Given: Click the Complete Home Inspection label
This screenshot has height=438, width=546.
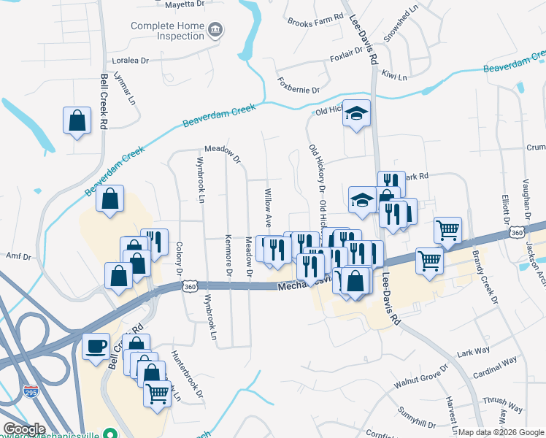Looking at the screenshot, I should point(167,31).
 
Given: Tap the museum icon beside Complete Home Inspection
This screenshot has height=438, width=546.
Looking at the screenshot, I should point(216,30).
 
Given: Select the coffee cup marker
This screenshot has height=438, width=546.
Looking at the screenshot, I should point(95,347).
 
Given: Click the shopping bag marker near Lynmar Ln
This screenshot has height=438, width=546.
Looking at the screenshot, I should point(77,120).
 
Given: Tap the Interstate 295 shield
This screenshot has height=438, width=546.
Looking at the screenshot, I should point(31,392).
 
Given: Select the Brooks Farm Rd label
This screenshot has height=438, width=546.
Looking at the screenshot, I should point(315,22).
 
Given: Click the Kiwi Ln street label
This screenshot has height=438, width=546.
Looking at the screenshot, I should point(395,75).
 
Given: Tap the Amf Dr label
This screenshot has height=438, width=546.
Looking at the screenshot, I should point(18,256).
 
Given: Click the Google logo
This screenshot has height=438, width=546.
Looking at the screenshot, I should point(24,429).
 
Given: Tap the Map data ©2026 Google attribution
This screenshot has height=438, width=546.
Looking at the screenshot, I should point(501,432).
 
